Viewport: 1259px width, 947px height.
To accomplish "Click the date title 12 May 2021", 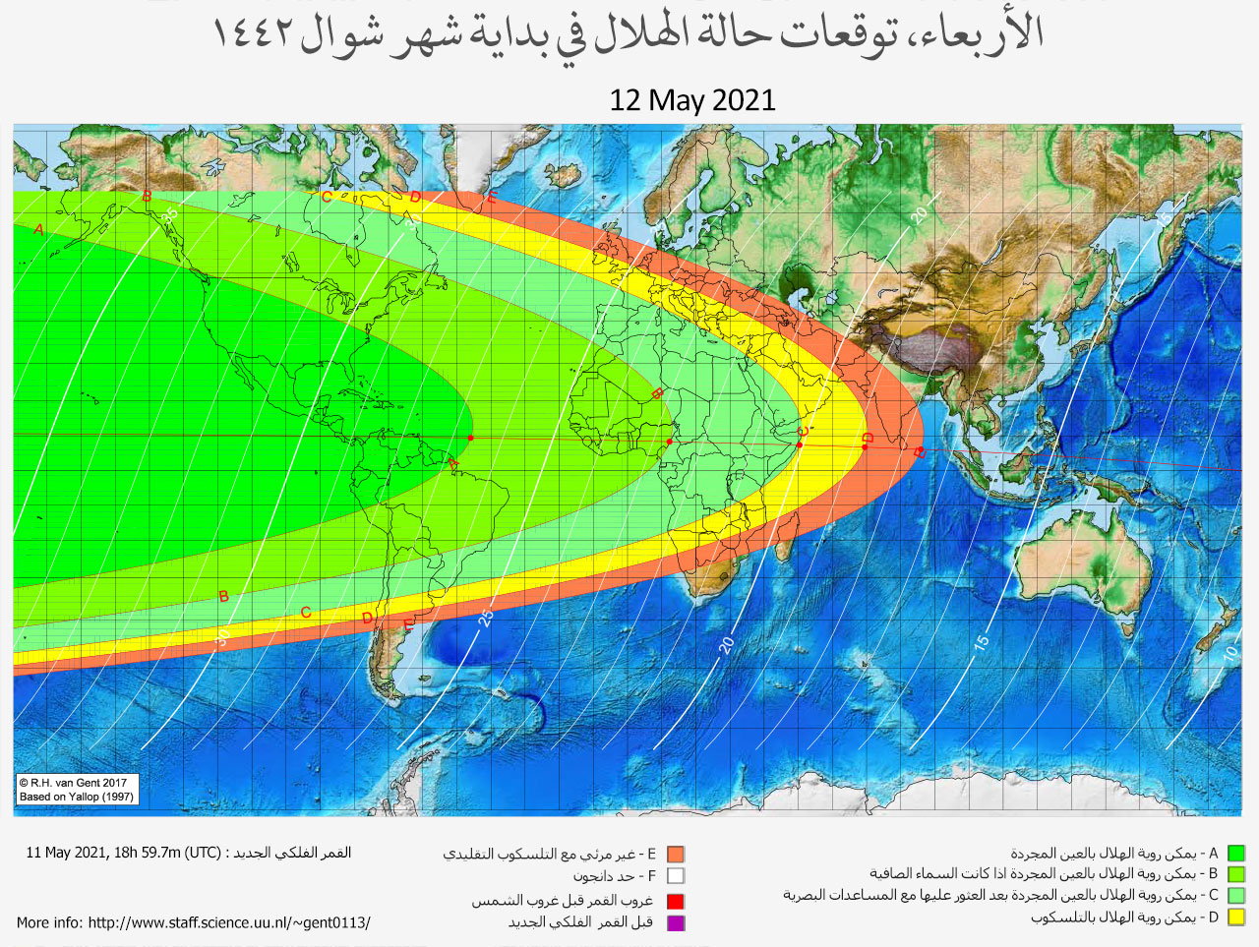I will coord(692,100).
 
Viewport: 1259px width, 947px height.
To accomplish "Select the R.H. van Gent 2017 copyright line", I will coord(74,783).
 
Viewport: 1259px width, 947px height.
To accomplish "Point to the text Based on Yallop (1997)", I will coord(77,797).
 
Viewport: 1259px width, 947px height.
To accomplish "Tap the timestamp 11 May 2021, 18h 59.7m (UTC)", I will coord(123,853).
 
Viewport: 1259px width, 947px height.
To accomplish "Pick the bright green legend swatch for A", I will coord(1236,854).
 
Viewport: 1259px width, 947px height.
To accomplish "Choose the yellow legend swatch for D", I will coord(1236,917).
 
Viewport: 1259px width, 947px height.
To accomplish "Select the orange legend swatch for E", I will coord(675,855).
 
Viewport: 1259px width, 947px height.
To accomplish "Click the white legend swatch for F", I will coord(675,875).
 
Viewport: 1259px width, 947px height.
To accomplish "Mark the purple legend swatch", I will coord(675,922).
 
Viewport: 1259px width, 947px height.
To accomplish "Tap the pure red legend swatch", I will coord(675,901).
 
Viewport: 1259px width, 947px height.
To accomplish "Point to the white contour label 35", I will coord(171,214).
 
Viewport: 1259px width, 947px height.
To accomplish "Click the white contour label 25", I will coord(485,619).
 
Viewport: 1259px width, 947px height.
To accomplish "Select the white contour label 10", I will coord(1230,652).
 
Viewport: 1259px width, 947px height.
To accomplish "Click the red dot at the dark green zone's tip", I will coord(471,438).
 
